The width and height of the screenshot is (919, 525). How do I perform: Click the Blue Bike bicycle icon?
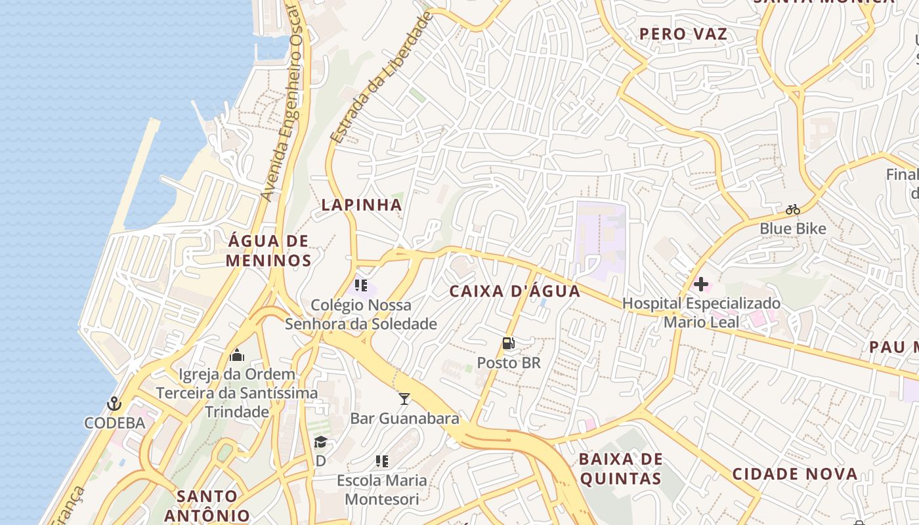[793, 210]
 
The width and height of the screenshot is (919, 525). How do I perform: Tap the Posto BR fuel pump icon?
[508, 343]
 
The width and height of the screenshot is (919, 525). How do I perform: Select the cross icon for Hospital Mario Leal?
[701, 284]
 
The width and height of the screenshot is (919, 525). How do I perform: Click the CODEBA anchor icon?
[115, 403]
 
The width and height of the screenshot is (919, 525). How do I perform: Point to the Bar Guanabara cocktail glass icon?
[404, 398]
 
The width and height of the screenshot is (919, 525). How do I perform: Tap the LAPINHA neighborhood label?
[362, 205]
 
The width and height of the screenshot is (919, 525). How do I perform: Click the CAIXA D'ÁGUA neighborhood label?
[515, 291]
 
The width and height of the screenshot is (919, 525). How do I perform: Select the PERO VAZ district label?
[684, 34]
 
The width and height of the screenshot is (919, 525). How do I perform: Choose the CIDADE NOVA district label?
[795, 474]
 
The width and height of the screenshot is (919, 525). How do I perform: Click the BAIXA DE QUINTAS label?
[621, 469]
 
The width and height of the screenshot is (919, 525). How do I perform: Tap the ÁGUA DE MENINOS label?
[268, 251]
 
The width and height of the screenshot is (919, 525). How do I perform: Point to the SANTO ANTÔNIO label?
[207, 505]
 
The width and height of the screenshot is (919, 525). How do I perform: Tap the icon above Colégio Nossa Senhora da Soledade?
[361, 285]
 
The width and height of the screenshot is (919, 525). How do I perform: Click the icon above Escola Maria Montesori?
[381, 461]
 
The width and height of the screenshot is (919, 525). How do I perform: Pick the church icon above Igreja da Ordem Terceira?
[237, 356]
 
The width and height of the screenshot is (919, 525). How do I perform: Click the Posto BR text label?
[509, 362]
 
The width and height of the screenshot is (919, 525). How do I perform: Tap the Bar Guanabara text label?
[404, 418]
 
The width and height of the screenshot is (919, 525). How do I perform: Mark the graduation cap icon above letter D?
[320, 442]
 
